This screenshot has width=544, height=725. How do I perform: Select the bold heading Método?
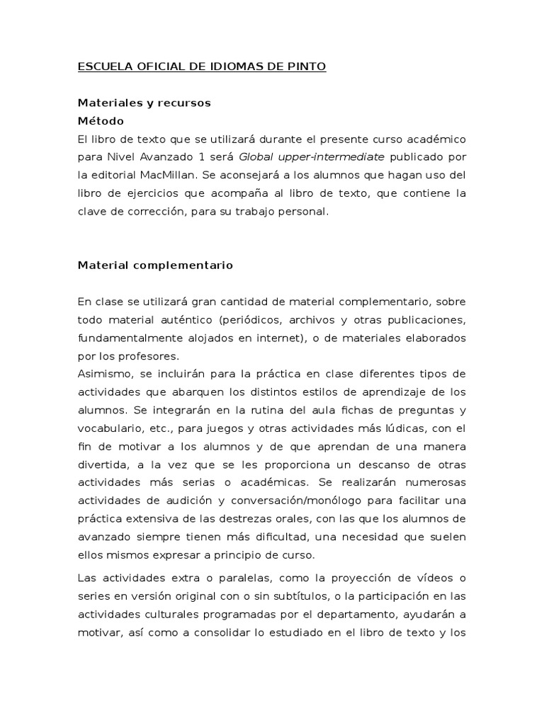click(100, 120)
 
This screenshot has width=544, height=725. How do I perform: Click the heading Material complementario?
click(155, 266)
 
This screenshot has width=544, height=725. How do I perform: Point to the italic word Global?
click(258, 156)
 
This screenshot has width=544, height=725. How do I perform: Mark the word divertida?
click(102, 464)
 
